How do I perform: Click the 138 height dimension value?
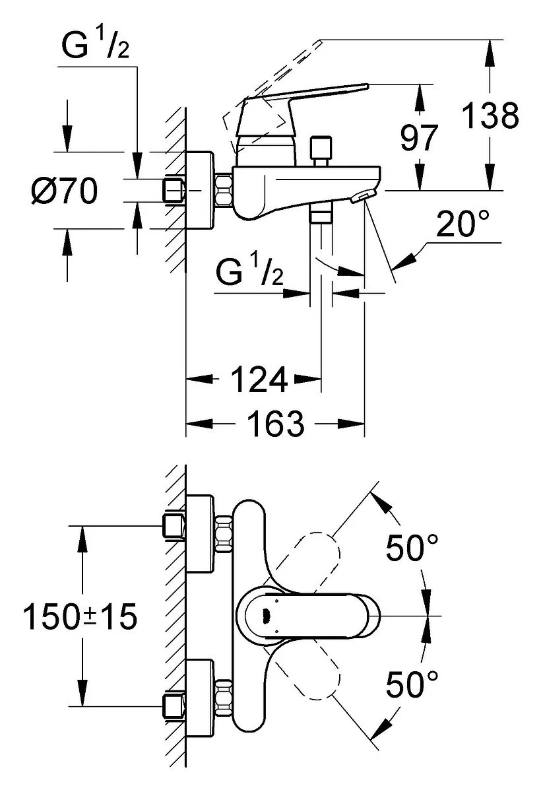(x=490, y=116)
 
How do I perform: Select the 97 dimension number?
(x=419, y=139)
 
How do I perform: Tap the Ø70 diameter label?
(x=64, y=192)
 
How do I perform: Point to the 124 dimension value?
(x=259, y=379)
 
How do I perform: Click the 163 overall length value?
(x=276, y=423)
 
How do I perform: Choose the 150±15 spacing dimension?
(x=80, y=617)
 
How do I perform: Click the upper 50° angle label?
(x=412, y=548)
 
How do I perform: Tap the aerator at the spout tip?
(x=362, y=197)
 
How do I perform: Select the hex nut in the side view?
(x=222, y=190)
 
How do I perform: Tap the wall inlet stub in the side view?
(x=174, y=191)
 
